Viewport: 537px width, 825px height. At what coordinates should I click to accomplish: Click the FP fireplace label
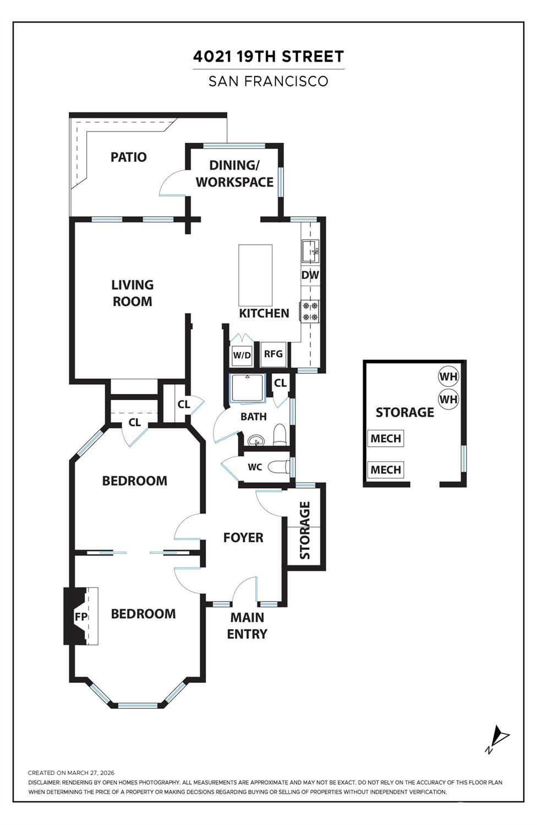81,616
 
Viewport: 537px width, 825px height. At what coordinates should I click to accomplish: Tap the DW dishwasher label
310,275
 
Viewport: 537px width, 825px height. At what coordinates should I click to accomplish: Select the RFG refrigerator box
273,354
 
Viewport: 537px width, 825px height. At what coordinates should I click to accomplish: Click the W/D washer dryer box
242,356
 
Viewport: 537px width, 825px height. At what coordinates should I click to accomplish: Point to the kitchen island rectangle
255,275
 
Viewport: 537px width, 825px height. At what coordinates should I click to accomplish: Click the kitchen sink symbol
310,251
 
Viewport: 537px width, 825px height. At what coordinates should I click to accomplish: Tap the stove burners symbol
310,311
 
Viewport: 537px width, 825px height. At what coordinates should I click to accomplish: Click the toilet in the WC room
278,467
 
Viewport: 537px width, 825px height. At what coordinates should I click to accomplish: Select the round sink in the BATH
256,440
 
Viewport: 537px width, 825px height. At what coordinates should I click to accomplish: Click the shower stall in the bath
247,387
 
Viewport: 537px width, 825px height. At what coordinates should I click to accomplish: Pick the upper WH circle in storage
448,376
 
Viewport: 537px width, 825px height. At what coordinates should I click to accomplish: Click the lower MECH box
386,469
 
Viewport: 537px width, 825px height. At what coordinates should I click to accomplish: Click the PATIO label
129,157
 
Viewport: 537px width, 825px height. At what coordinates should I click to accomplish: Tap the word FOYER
243,537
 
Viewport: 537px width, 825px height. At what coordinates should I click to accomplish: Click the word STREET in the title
313,57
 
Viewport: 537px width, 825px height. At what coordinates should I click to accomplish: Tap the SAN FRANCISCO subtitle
268,81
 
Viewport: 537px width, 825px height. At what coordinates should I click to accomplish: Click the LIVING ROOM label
132,293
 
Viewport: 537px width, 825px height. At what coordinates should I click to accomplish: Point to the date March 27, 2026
91,773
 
